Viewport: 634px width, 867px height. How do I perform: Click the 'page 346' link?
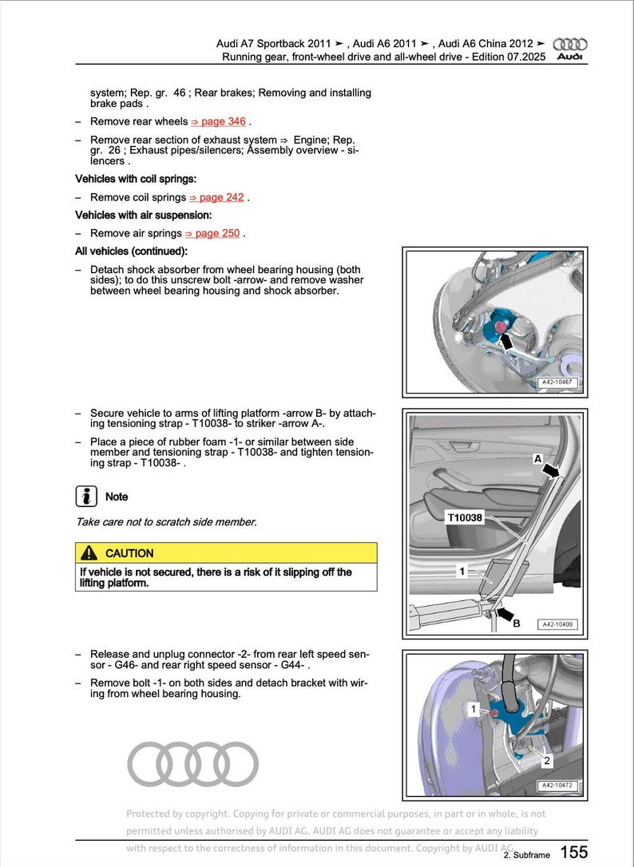click(218, 122)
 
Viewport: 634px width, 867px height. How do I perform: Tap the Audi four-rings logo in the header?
click(570, 45)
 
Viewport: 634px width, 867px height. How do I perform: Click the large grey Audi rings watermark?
click(193, 764)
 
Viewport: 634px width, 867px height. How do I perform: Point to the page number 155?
click(573, 852)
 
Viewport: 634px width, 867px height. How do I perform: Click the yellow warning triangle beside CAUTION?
click(90, 553)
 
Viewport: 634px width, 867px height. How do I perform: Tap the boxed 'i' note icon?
click(86, 496)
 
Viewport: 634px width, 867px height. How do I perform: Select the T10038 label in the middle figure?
click(464, 517)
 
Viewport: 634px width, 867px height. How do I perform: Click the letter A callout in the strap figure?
click(538, 459)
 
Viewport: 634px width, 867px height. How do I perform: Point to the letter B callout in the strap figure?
click(516, 624)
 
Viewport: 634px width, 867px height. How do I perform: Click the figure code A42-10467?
click(558, 383)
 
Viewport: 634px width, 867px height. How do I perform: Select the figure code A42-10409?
click(558, 624)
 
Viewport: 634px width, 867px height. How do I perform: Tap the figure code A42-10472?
click(558, 786)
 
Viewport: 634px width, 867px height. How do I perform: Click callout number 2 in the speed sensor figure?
click(547, 760)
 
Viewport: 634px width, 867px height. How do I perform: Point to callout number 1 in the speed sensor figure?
click(474, 708)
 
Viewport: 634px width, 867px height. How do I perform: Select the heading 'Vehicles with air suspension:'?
click(143, 216)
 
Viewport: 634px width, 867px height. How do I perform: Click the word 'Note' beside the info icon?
click(117, 497)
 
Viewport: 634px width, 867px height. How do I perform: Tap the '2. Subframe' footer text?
click(526, 855)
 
